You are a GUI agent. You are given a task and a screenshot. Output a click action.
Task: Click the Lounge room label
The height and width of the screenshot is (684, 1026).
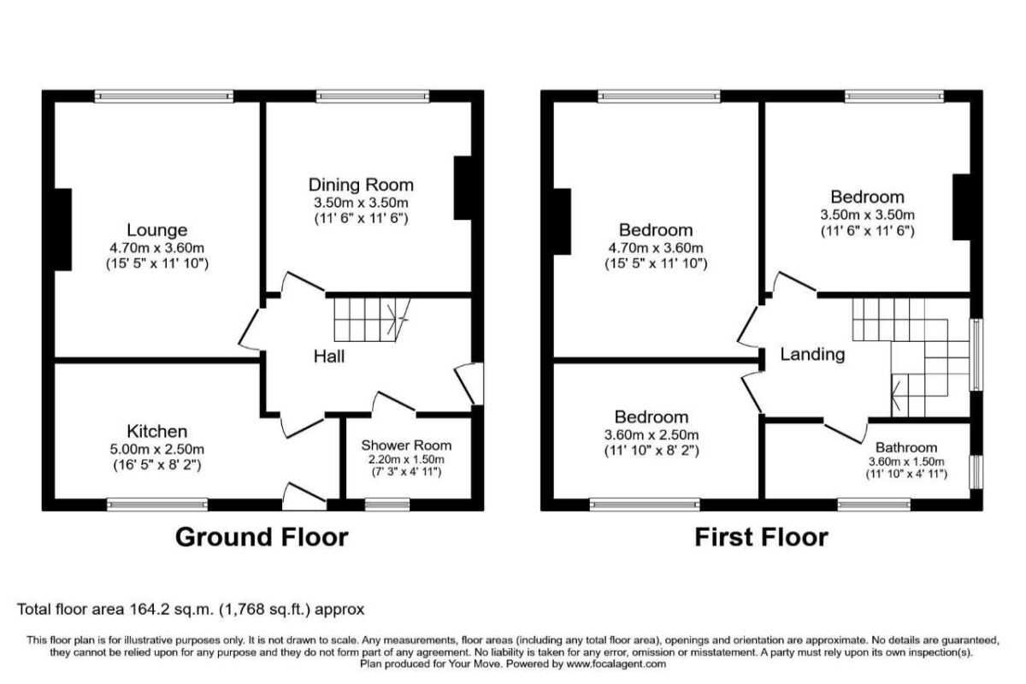156,230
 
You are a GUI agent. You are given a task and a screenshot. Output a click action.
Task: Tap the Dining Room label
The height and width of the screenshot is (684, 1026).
361,185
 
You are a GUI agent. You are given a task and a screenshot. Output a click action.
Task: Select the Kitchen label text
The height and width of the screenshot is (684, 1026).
157,431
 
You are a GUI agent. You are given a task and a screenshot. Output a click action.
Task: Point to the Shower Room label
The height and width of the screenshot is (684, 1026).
406,445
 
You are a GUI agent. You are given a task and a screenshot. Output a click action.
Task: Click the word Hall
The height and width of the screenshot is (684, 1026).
329,357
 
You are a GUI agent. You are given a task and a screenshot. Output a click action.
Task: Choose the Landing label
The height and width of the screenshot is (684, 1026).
812,354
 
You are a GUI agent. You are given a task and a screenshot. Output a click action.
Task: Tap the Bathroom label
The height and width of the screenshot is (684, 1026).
905,447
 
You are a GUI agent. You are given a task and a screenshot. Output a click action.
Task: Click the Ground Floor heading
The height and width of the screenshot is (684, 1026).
262,537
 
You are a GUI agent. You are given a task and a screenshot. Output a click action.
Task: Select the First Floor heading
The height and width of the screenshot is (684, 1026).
761,537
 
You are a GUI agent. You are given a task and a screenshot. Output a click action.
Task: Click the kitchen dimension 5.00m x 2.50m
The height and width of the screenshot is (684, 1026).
157,449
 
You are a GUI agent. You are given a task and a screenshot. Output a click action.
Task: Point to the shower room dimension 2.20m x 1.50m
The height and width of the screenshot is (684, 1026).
406,460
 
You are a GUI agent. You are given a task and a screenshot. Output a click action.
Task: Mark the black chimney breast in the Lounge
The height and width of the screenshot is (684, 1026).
62,230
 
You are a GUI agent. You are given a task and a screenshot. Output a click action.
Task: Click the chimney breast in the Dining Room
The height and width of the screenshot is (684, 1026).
463,187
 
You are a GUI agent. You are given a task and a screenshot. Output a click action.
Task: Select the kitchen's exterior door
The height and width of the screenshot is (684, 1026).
304,496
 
